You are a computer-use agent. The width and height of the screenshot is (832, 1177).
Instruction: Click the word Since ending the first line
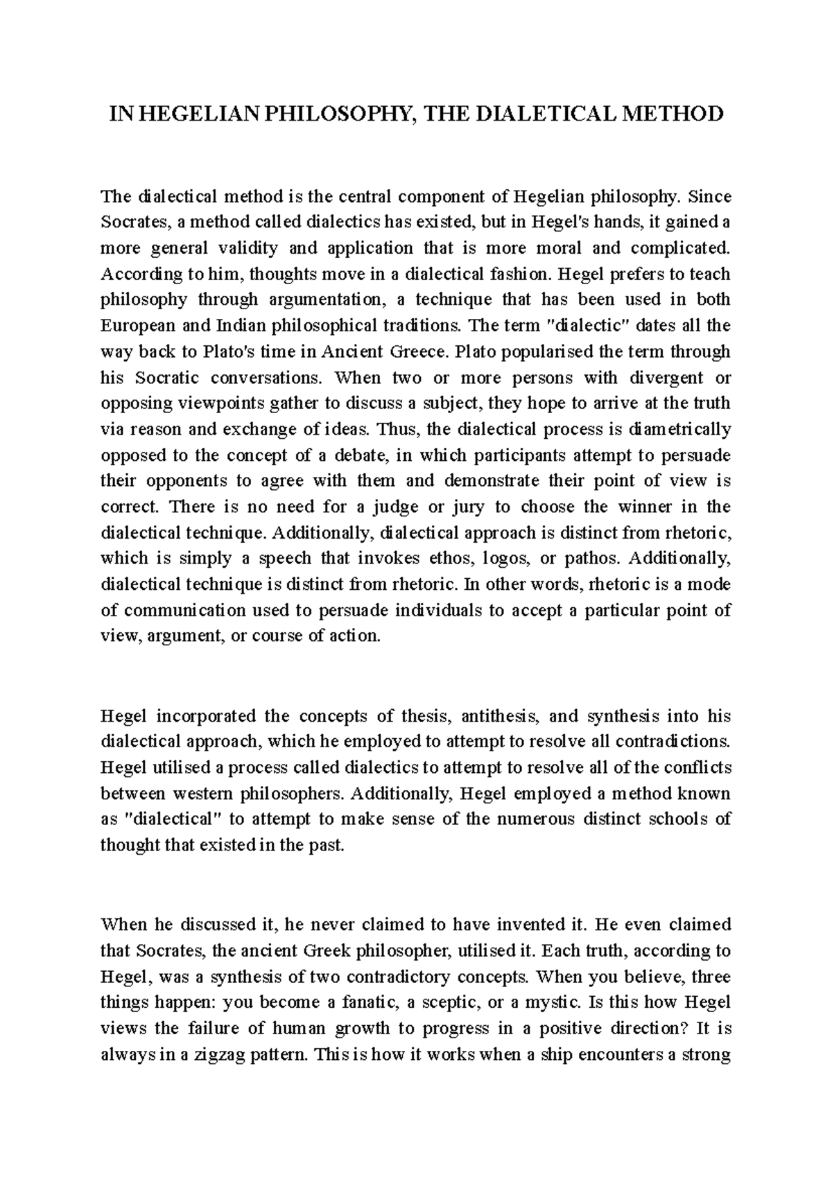pyautogui.click(x=709, y=196)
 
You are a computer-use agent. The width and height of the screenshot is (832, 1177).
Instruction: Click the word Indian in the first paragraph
pyautogui.click(x=241, y=325)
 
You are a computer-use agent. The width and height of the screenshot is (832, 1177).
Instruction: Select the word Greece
pyautogui.click(x=412, y=351)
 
